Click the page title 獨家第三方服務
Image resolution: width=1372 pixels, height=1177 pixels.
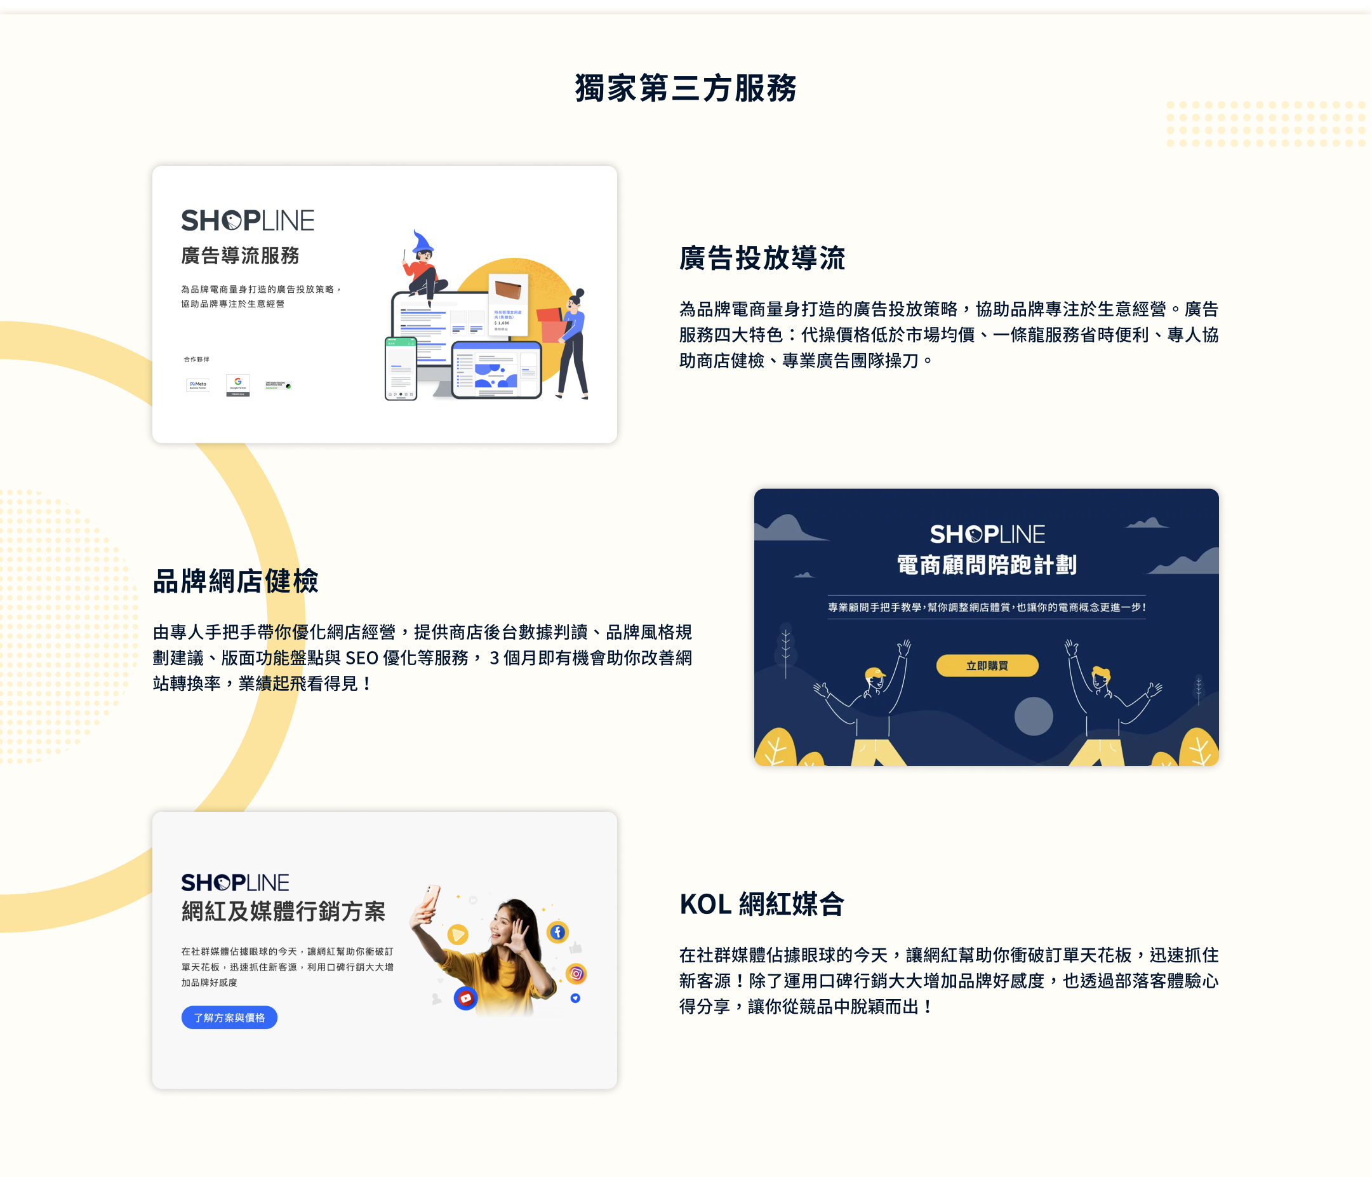685,88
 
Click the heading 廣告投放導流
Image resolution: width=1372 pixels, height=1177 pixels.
761,258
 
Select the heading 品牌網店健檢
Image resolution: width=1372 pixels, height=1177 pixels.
236,581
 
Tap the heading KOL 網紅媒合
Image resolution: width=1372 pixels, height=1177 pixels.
761,903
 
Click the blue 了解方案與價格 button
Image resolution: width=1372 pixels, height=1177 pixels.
229,1018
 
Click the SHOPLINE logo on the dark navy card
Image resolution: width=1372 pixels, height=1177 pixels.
987,534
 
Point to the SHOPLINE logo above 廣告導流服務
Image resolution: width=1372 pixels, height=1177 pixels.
248,220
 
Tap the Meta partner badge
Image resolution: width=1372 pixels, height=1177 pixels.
198,385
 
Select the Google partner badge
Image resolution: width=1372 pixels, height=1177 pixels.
237,385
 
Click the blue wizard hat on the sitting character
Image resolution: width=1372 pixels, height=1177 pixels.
421,243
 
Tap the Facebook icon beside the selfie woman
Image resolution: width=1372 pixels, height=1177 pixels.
557,932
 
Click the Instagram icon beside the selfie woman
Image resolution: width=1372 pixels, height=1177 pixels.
576,974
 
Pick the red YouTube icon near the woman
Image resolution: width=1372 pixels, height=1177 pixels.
465,998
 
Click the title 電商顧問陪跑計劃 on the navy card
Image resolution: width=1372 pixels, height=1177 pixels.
987,565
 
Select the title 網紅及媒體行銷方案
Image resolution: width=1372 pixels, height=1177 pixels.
283,911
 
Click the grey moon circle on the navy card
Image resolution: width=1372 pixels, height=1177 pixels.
1033,716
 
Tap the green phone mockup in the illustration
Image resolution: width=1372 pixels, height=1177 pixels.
401,368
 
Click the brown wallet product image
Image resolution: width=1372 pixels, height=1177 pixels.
508,290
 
